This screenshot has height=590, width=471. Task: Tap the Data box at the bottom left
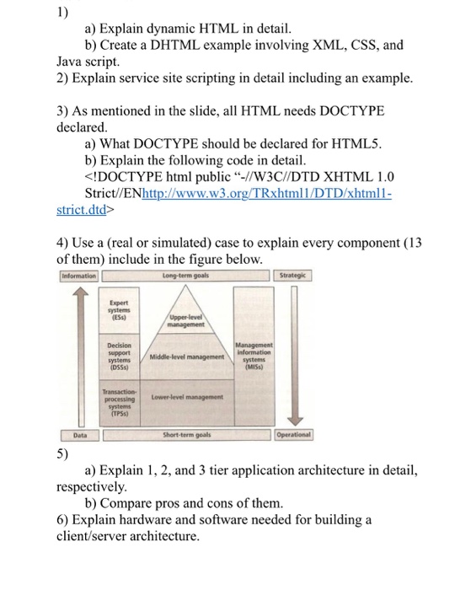[x=79, y=434]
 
